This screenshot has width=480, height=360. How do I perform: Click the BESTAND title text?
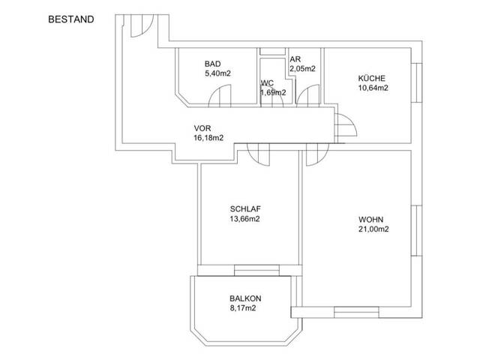point(71,19)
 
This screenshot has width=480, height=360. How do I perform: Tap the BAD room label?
point(212,64)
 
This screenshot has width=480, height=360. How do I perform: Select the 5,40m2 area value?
point(217,73)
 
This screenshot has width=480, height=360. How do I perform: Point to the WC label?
point(267,83)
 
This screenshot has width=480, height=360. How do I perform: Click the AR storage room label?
point(295,59)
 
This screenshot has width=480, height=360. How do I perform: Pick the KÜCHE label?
point(372,78)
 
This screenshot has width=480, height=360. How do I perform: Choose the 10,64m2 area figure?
point(373,88)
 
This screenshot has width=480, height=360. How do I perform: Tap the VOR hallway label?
point(202,128)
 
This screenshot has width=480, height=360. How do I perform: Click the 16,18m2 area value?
point(208,138)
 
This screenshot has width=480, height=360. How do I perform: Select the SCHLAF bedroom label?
point(245,209)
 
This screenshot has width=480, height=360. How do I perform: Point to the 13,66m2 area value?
point(245,219)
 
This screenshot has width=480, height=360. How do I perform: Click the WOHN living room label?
point(371,220)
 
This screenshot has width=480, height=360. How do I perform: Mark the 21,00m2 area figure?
point(373,229)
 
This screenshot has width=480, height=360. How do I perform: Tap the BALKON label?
point(245,298)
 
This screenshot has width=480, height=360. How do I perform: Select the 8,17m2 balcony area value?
point(243,308)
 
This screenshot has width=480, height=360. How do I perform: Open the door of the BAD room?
point(220,96)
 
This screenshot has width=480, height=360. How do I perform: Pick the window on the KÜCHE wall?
point(417,82)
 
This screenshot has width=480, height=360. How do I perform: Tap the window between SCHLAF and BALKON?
point(256,270)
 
